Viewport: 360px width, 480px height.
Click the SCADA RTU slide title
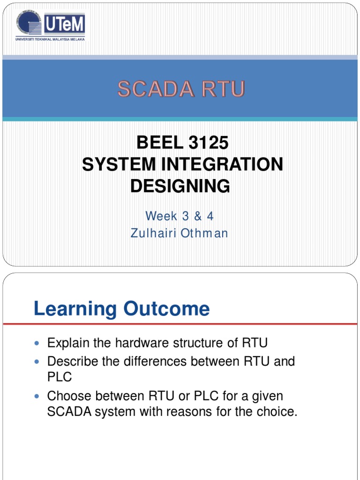click(x=181, y=89)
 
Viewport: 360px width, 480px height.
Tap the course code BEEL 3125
click(x=182, y=142)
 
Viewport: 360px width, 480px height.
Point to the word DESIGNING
click(x=180, y=186)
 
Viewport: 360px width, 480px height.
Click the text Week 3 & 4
click(x=180, y=216)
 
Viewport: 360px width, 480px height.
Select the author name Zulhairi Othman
click(x=180, y=233)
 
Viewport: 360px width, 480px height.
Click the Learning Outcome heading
click(x=122, y=309)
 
